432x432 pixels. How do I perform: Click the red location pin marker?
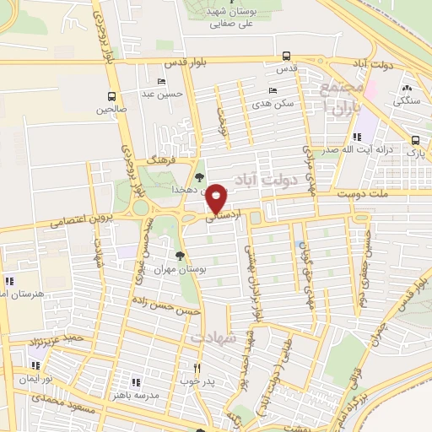click(218, 197)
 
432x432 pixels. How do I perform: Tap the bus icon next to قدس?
click(288, 57)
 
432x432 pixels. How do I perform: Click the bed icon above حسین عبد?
click(162, 82)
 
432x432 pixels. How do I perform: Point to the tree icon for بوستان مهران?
click(180, 255)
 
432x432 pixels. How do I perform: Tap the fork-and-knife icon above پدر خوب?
click(197, 368)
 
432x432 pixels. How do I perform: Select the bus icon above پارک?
click(414, 141)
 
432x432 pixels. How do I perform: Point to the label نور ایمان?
click(36, 380)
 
